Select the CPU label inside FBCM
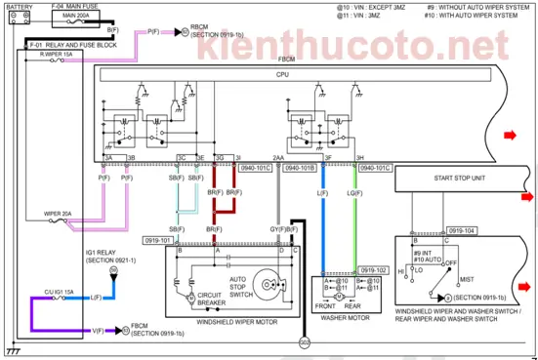[x=283, y=74]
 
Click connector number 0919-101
[x=157, y=239]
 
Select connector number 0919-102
[x=374, y=270]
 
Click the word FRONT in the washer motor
[x=324, y=303]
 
